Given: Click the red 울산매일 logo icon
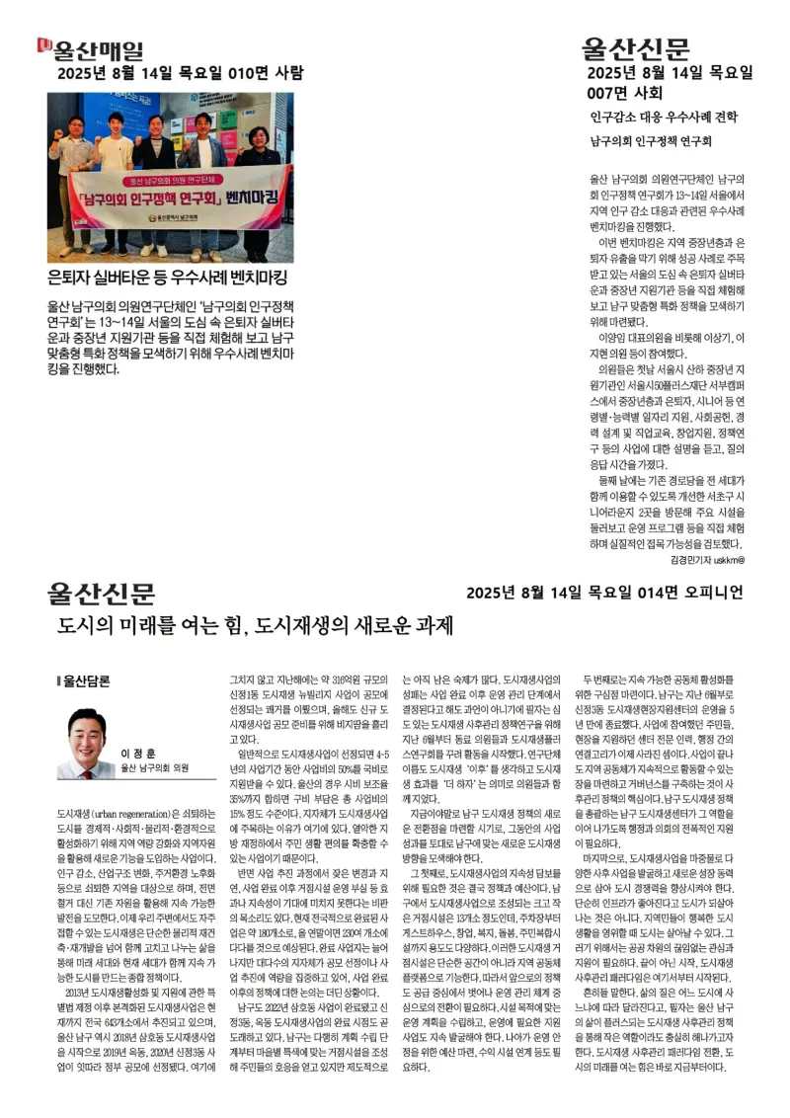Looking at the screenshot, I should pyautogui.click(x=43, y=46).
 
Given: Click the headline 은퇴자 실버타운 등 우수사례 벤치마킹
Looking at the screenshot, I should pyautogui.click(x=167, y=276).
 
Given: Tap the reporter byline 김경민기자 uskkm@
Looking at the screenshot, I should pyautogui.click(x=706, y=559).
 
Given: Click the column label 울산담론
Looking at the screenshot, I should pyautogui.click(x=86, y=680).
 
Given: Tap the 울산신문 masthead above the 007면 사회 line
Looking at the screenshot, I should pyautogui.click(x=637, y=48).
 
